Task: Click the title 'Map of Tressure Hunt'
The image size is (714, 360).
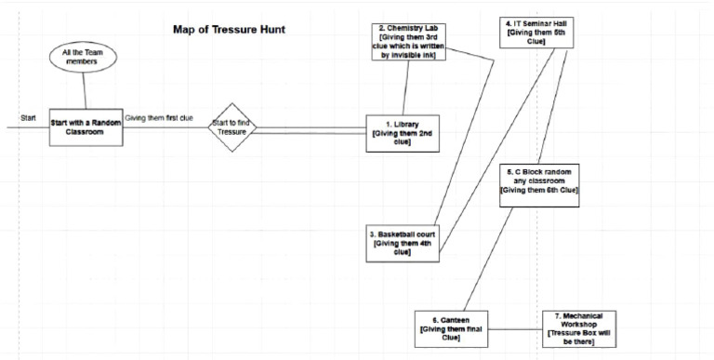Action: [x=229, y=30]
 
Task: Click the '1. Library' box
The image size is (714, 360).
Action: [x=404, y=132]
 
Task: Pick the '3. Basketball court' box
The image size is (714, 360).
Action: [x=403, y=238]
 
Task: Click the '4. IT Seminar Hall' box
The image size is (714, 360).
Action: [x=535, y=31]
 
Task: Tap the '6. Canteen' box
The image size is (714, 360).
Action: [x=452, y=327]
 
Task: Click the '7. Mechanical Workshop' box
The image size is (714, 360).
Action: [x=577, y=327]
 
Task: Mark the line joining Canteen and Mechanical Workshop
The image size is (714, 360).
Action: [x=516, y=327]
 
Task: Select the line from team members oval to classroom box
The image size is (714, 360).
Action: [x=86, y=91]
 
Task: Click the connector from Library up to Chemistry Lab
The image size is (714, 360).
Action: [x=404, y=93]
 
